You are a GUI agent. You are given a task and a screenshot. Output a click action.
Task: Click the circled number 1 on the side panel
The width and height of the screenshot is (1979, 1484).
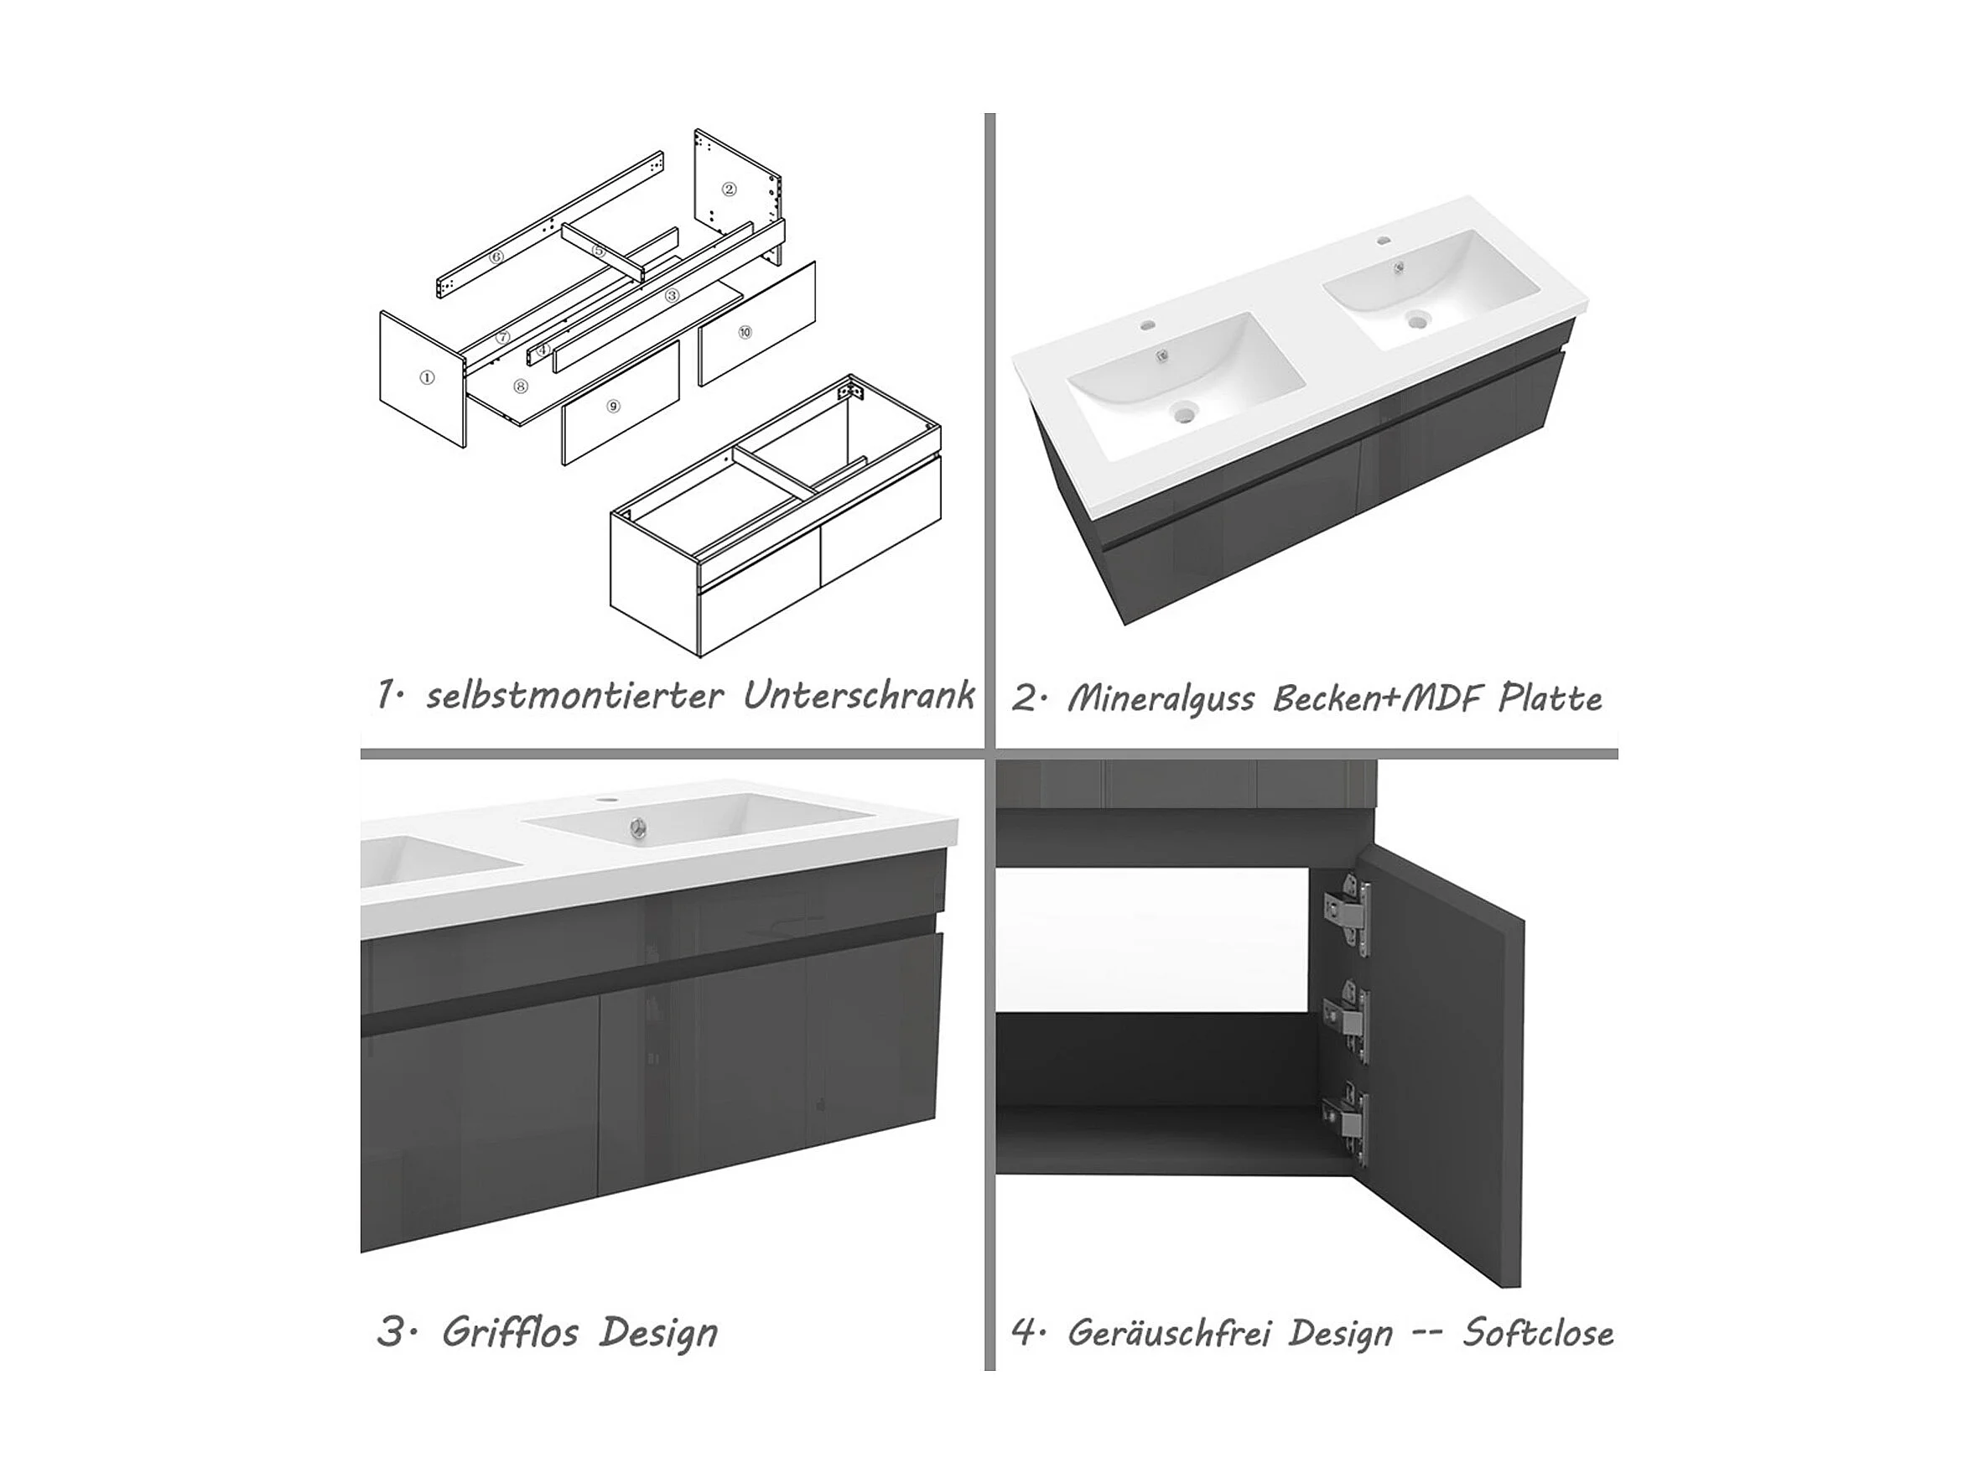(x=428, y=377)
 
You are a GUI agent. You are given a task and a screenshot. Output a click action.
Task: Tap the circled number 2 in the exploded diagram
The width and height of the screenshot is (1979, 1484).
(x=730, y=189)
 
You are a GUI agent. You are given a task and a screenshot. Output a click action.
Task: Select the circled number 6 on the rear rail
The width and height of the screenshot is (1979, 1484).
(x=496, y=257)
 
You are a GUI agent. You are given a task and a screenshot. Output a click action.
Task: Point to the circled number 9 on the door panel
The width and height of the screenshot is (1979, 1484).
(x=613, y=406)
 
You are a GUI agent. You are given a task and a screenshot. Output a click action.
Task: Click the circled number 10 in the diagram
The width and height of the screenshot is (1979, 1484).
(x=745, y=332)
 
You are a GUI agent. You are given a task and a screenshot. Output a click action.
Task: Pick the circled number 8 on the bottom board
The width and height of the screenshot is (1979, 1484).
(x=521, y=387)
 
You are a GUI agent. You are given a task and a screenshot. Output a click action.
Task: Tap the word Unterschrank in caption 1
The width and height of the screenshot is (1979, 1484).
(x=859, y=695)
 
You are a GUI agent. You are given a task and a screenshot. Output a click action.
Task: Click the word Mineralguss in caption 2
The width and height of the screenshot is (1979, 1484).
(x=1163, y=698)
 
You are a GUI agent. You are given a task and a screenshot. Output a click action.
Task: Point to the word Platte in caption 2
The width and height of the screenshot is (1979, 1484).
(x=1550, y=698)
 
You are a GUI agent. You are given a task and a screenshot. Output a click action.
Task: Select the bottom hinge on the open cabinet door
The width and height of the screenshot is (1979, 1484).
(x=1349, y=1125)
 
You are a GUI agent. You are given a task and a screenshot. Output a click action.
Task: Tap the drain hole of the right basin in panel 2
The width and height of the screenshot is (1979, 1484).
(x=1416, y=319)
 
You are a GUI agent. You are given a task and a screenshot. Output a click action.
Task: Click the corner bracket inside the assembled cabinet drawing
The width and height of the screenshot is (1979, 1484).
(x=845, y=392)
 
